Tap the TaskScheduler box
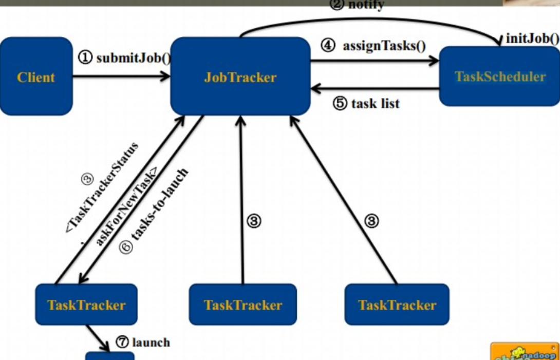click(x=499, y=77)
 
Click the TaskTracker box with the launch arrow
click(x=86, y=305)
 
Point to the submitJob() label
click(x=133, y=58)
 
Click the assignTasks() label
click(x=384, y=46)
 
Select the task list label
click(x=375, y=104)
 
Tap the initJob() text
click(x=532, y=38)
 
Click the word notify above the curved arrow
click(x=366, y=5)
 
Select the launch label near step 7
click(x=151, y=342)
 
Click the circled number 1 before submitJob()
click(x=85, y=58)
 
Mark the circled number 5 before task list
click(x=340, y=104)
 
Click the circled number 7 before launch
click(x=122, y=342)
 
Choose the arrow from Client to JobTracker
click(x=121, y=77)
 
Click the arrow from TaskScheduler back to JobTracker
click(x=375, y=89)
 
